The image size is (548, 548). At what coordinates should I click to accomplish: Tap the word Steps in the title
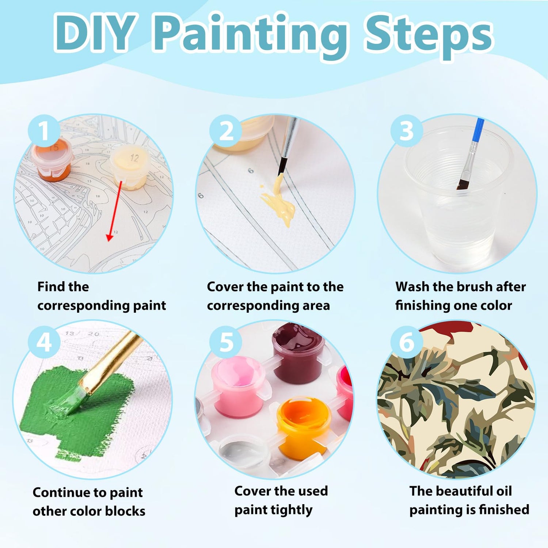coord(429,35)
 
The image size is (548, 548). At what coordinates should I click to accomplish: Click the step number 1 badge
coord(44,131)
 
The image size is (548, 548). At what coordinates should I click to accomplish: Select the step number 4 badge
coord(44,343)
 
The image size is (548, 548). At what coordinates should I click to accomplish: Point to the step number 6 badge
coord(407,343)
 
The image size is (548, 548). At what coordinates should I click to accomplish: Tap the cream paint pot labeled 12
coord(130,167)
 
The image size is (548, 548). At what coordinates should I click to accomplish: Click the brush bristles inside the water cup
coord(463,182)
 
